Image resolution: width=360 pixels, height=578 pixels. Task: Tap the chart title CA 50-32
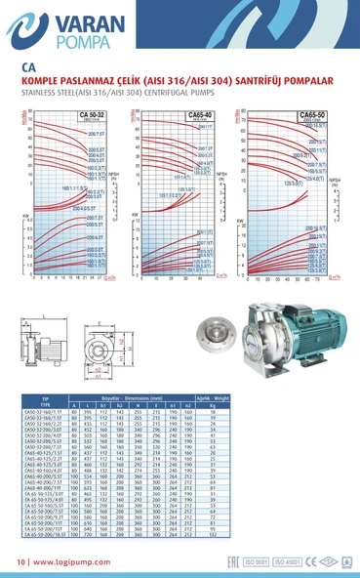(x=91, y=114)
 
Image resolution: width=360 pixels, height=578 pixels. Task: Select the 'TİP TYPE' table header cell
(x=45, y=399)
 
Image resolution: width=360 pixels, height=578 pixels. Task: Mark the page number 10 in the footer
(x=21, y=562)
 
